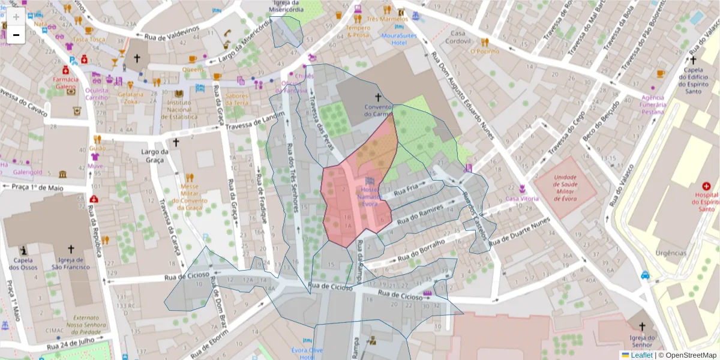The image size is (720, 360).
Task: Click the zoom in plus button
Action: coord(16,17)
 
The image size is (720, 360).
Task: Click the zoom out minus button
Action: coord(16,35)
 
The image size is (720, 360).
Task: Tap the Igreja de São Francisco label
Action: coord(71,263)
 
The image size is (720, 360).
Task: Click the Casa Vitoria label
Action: coord(522,199)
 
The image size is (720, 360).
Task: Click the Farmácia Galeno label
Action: coord(65,82)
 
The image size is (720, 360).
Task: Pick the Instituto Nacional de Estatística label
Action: coord(179,110)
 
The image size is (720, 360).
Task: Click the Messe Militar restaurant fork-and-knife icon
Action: coord(190,177)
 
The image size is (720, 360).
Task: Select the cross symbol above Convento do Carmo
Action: coord(378,97)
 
